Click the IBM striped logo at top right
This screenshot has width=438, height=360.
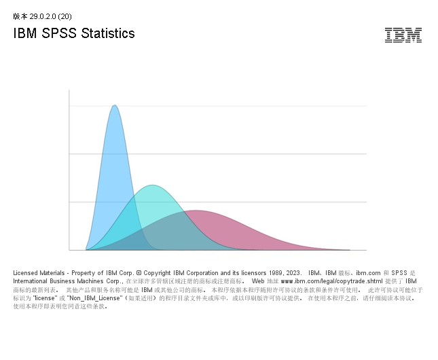403,35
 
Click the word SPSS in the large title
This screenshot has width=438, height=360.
56,33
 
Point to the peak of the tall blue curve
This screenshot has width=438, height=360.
115,106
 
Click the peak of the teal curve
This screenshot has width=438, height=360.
153,185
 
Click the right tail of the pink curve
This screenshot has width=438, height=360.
319,247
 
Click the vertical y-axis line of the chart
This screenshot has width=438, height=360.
69,170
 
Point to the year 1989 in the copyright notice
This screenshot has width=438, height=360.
275,272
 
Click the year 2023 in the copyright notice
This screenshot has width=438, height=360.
293,272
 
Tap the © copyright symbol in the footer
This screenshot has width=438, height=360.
138,272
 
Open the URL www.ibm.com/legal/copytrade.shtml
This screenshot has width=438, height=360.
331,281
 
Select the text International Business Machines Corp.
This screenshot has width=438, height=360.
67,281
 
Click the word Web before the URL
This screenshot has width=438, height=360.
258,281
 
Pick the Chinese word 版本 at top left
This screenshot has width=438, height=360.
20,16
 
